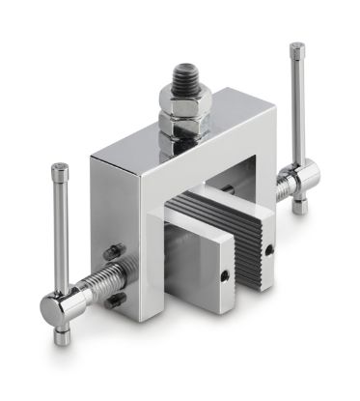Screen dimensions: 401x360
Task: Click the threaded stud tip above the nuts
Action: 181,73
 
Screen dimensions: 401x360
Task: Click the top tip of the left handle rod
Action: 60,168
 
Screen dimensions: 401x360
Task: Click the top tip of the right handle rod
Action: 297,47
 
